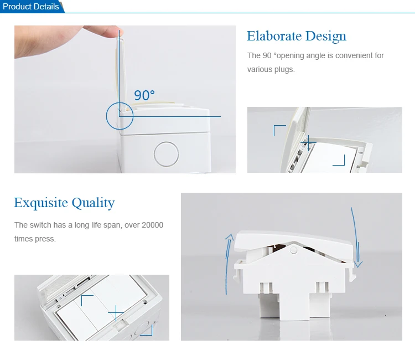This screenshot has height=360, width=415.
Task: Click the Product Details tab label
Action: (30, 6)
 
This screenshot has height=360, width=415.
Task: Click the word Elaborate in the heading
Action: (274, 36)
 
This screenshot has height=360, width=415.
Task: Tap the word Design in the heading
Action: (326, 37)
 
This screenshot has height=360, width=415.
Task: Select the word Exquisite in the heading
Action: (41, 203)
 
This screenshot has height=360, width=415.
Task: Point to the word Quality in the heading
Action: (93, 203)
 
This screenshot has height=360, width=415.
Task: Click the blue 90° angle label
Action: (144, 95)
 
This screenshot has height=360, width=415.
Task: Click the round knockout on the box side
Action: (166, 154)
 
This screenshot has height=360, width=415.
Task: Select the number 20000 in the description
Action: (153, 225)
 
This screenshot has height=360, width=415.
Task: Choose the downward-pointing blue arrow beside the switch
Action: (356, 237)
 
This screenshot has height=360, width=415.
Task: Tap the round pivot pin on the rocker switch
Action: (293, 250)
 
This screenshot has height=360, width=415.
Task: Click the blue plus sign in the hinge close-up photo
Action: (309, 143)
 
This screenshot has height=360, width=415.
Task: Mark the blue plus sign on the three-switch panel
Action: (116, 313)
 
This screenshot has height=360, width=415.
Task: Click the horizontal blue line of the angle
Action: (170, 116)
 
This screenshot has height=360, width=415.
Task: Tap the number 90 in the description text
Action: (267, 55)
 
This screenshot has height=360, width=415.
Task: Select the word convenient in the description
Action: (353, 55)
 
